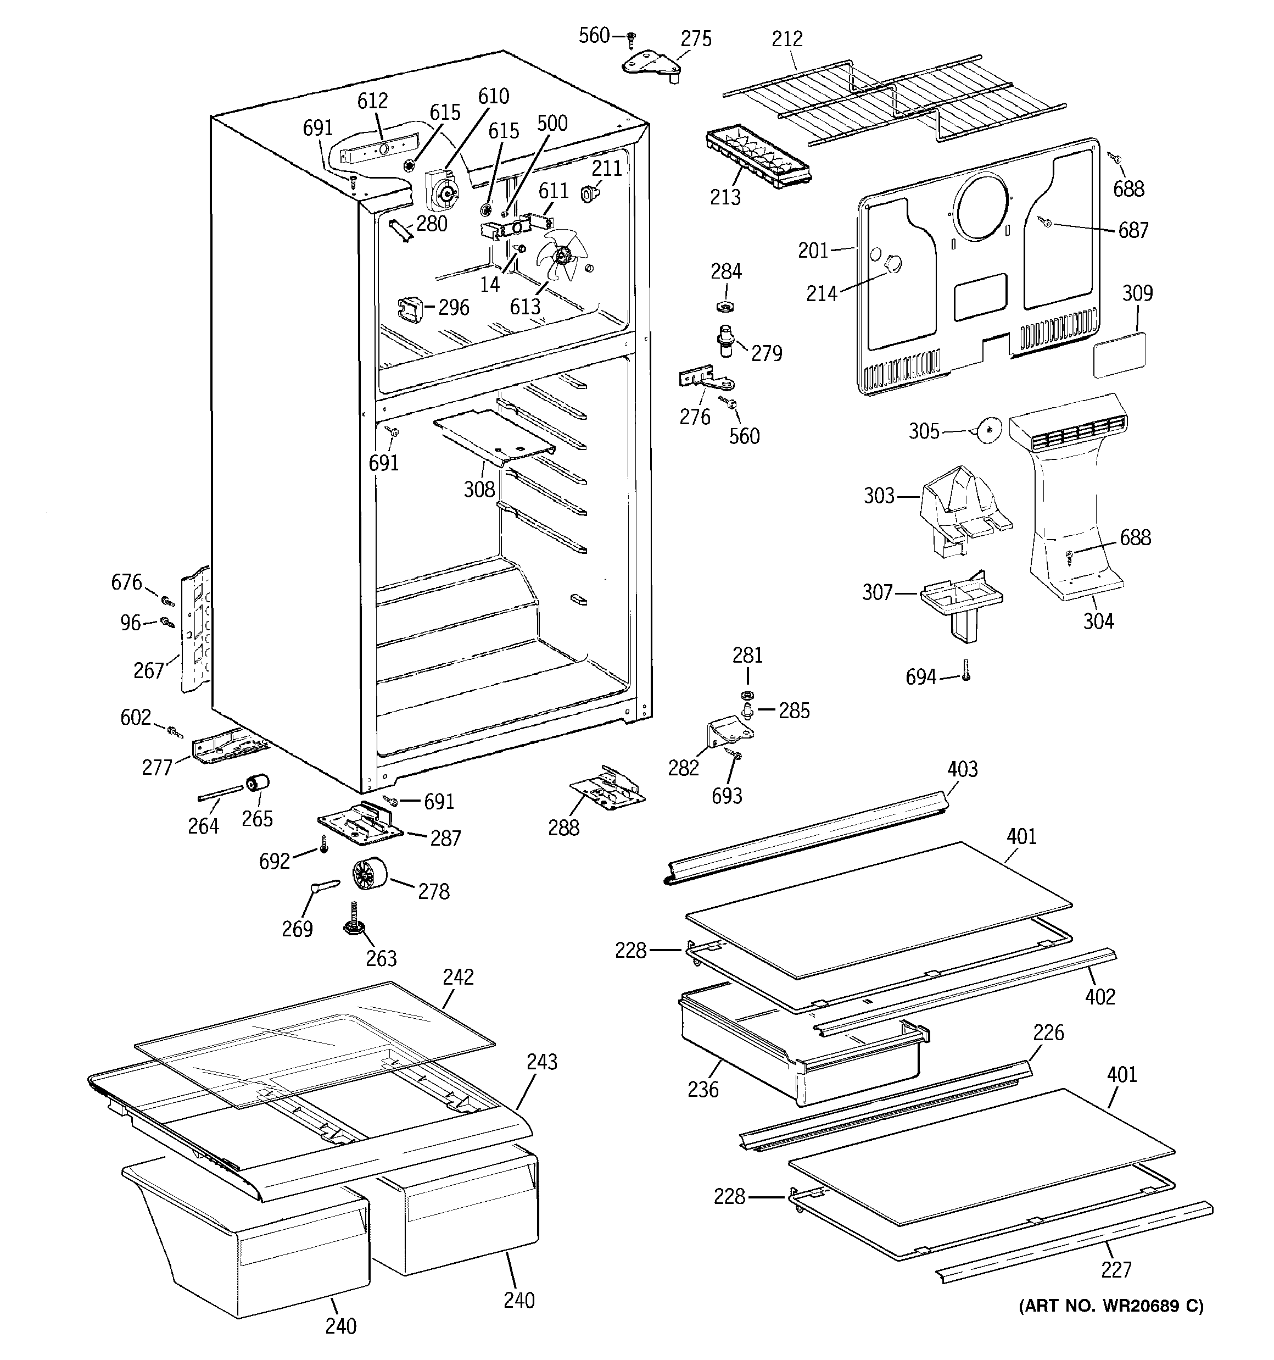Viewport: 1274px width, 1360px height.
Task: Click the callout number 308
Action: tap(479, 489)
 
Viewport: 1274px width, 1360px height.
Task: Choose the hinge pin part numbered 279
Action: tap(724, 340)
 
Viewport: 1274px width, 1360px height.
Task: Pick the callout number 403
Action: tap(962, 769)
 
